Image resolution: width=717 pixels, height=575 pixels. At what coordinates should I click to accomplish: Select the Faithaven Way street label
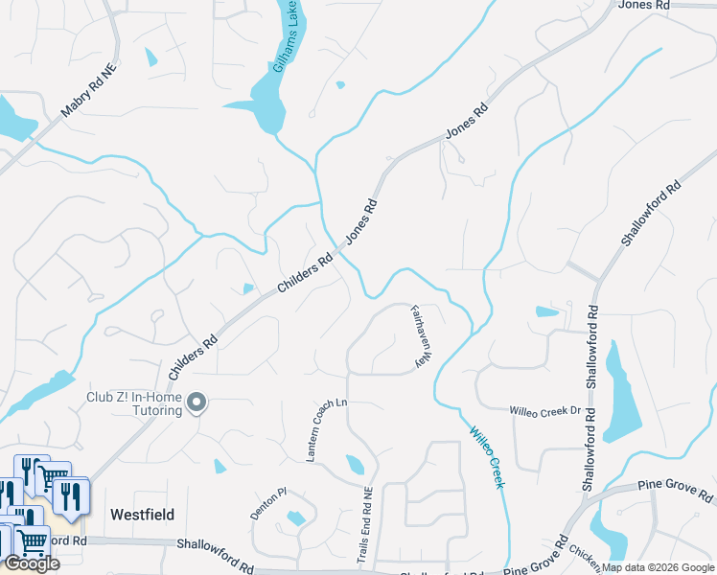point(420,336)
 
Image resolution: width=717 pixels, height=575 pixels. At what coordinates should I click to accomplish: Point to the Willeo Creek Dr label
point(545,411)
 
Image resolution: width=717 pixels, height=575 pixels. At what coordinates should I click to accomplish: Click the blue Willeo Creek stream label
point(486,456)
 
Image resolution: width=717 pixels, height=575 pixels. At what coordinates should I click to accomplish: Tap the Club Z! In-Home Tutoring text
point(133,403)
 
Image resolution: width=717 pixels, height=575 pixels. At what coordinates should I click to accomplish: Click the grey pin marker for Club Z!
point(197,403)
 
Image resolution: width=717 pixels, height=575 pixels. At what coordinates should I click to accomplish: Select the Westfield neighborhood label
point(143,515)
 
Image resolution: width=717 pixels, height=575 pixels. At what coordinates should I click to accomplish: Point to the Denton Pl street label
point(269,502)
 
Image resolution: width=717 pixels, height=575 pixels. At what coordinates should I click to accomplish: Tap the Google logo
point(32,563)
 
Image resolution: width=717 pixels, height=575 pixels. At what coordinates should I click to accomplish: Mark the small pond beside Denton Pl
point(295,518)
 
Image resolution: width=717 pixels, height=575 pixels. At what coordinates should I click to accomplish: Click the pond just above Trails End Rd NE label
point(356,465)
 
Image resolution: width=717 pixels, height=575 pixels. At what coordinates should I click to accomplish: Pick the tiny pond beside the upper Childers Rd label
point(248,288)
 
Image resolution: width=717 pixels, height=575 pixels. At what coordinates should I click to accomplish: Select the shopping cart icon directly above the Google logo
point(31,542)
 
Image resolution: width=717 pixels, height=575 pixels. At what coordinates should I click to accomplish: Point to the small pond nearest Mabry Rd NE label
point(150,57)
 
